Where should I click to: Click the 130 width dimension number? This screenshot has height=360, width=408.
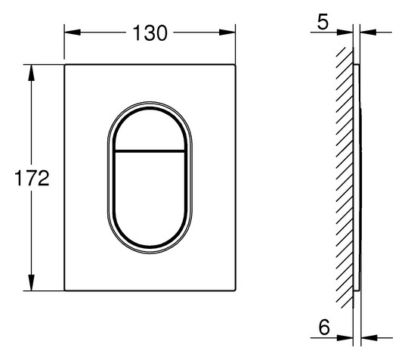150,33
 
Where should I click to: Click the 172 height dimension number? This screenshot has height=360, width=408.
32,178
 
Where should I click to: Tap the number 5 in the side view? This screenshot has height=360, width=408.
323,23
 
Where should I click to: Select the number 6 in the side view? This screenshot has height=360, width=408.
324,327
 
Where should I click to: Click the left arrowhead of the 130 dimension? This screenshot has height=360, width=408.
73,33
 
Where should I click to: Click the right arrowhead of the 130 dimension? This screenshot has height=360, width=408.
227,33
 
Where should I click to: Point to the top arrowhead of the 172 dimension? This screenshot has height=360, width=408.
31,73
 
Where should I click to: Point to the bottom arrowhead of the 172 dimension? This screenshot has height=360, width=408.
31,282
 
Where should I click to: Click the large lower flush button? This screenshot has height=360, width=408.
150,198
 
